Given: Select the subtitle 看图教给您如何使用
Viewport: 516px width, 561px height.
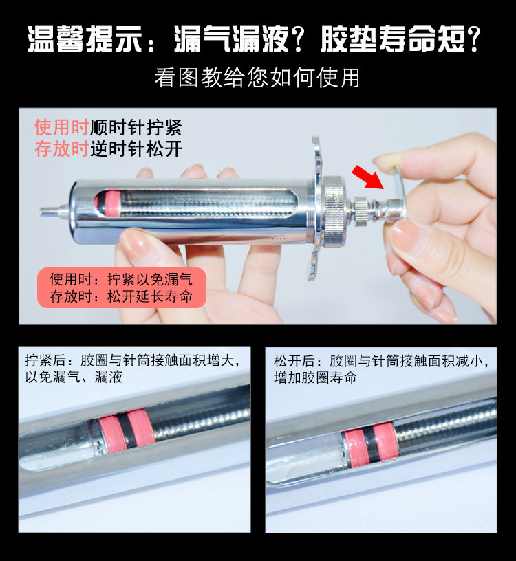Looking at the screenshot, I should [257, 77].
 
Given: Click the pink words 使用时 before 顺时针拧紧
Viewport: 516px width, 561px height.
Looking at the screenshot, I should [62, 127].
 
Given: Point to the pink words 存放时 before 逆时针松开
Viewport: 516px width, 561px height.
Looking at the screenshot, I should [62, 149].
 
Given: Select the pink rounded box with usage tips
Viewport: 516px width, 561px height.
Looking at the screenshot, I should [121, 288].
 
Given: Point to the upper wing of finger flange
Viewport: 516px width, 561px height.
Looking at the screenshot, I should [317, 155].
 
